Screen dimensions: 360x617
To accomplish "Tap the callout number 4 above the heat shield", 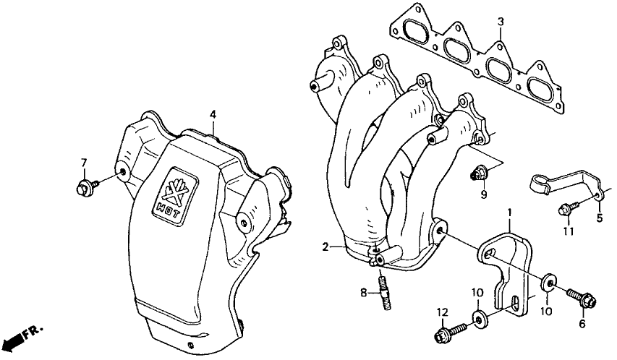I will (213, 114).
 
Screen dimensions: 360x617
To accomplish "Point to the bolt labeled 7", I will (82, 189).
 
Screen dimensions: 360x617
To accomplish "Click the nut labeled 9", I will (477, 173).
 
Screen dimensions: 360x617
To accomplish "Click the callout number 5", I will (599, 217).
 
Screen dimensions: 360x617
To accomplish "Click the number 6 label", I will (581, 324).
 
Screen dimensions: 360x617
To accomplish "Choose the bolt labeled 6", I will (576, 296).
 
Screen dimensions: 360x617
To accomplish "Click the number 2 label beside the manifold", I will (327, 247).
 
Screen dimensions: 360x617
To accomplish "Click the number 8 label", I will (365, 293).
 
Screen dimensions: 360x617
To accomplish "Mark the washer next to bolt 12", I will (478, 318).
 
